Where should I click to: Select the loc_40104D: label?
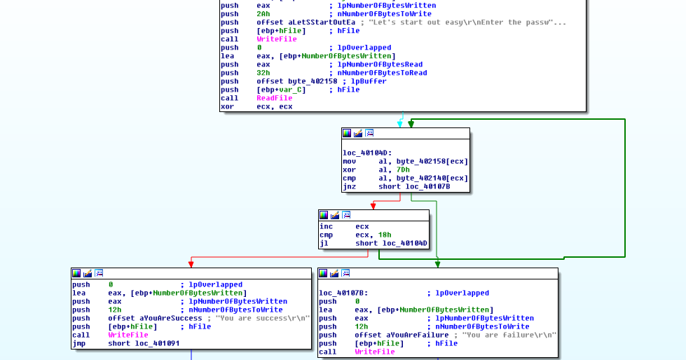pyautogui.click(x=367, y=153)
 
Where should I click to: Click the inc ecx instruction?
pyautogui.click(x=344, y=227)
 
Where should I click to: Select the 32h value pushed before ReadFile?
pyautogui.click(x=263, y=73)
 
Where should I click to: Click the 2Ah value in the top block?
pyautogui.click(x=263, y=14)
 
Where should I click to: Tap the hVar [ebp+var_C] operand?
pyautogui.click(x=280, y=90)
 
